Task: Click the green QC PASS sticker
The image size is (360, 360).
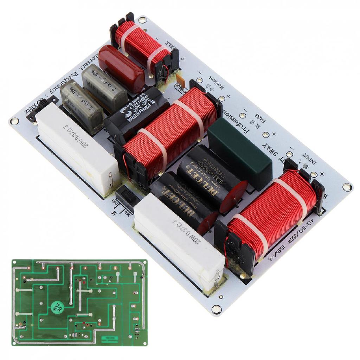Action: point(56,308)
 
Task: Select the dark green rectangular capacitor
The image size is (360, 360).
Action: point(240,153)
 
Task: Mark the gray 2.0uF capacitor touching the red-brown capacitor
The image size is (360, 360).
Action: point(104,86)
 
